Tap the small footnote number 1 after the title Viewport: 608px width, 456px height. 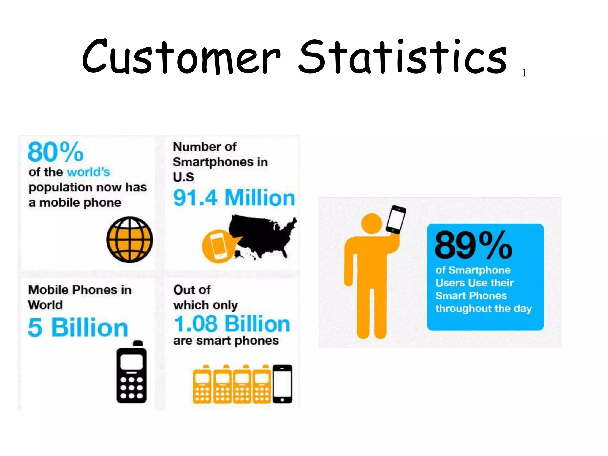coord(525,73)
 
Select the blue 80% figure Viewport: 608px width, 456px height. coord(56,152)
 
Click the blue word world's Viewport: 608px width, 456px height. coord(88,172)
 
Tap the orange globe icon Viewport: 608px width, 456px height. coord(130,240)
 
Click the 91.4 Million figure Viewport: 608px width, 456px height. coord(234,198)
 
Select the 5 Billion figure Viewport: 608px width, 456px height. coord(78,327)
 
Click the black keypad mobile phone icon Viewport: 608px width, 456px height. coord(132,373)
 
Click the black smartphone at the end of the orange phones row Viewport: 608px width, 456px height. coord(282,384)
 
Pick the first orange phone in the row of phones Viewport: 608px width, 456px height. coord(202,385)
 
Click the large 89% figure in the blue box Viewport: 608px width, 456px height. coord(473,245)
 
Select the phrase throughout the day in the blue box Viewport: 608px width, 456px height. coord(483,309)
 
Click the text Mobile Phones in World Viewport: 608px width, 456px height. coord(80,297)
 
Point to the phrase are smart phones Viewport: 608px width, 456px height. coord(226,341)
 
